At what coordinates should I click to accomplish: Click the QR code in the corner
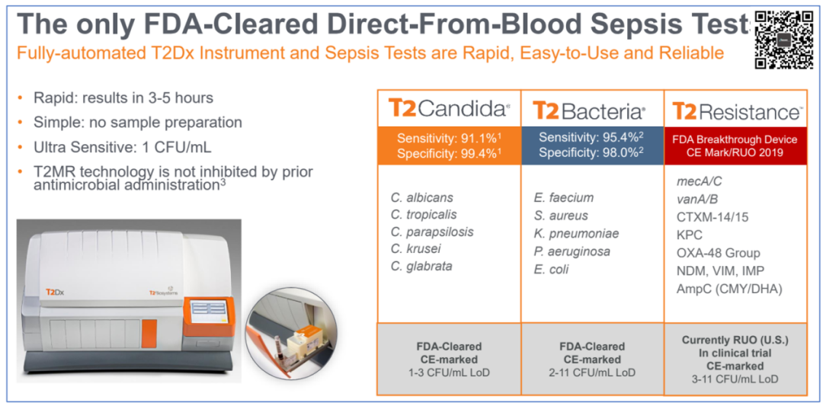[x=783, y=40]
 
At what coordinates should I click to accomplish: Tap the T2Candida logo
[x=449, y=109]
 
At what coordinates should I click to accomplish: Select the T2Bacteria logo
[x=589, y=110]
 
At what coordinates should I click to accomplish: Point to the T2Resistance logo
[x=737, y=111]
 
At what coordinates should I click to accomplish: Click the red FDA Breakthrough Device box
[x=736, y=145]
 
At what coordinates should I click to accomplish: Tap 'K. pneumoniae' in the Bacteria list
[x=575, y=233]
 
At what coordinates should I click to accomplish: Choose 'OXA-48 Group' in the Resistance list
[x=719, y=254]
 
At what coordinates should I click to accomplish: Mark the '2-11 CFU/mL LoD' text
[x=593, y=372]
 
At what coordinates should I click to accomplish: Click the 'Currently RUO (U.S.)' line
[x=736, y=340]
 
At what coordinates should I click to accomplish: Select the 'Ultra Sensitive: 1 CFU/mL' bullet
[x=122, y=147]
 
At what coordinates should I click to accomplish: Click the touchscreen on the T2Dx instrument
[x=210, y=311]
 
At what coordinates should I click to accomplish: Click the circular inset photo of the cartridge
[x=292, y=332]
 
